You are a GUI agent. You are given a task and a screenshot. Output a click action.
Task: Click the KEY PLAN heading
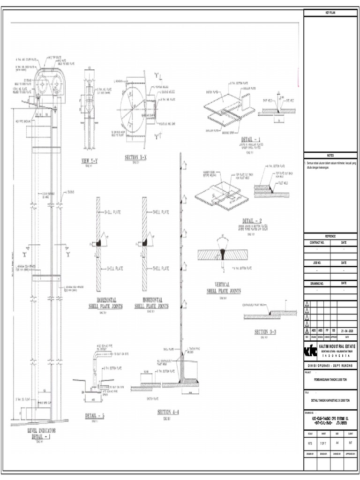click(330, 13)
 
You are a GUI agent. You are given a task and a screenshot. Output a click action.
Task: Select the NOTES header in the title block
click(330, 156)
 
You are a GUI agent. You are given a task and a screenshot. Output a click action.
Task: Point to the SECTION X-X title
click(135, 158)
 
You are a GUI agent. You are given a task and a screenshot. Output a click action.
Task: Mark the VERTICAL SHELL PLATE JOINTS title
click(224, 288)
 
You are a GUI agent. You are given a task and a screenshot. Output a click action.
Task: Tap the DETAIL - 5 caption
click(95, 416)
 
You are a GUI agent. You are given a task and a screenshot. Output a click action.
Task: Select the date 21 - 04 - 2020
click(346, 330)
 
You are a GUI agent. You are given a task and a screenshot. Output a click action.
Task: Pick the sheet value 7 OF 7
click(323, 442)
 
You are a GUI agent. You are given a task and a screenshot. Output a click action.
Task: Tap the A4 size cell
click(337, 442)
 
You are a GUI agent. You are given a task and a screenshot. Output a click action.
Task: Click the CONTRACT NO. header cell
click(317, 243)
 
